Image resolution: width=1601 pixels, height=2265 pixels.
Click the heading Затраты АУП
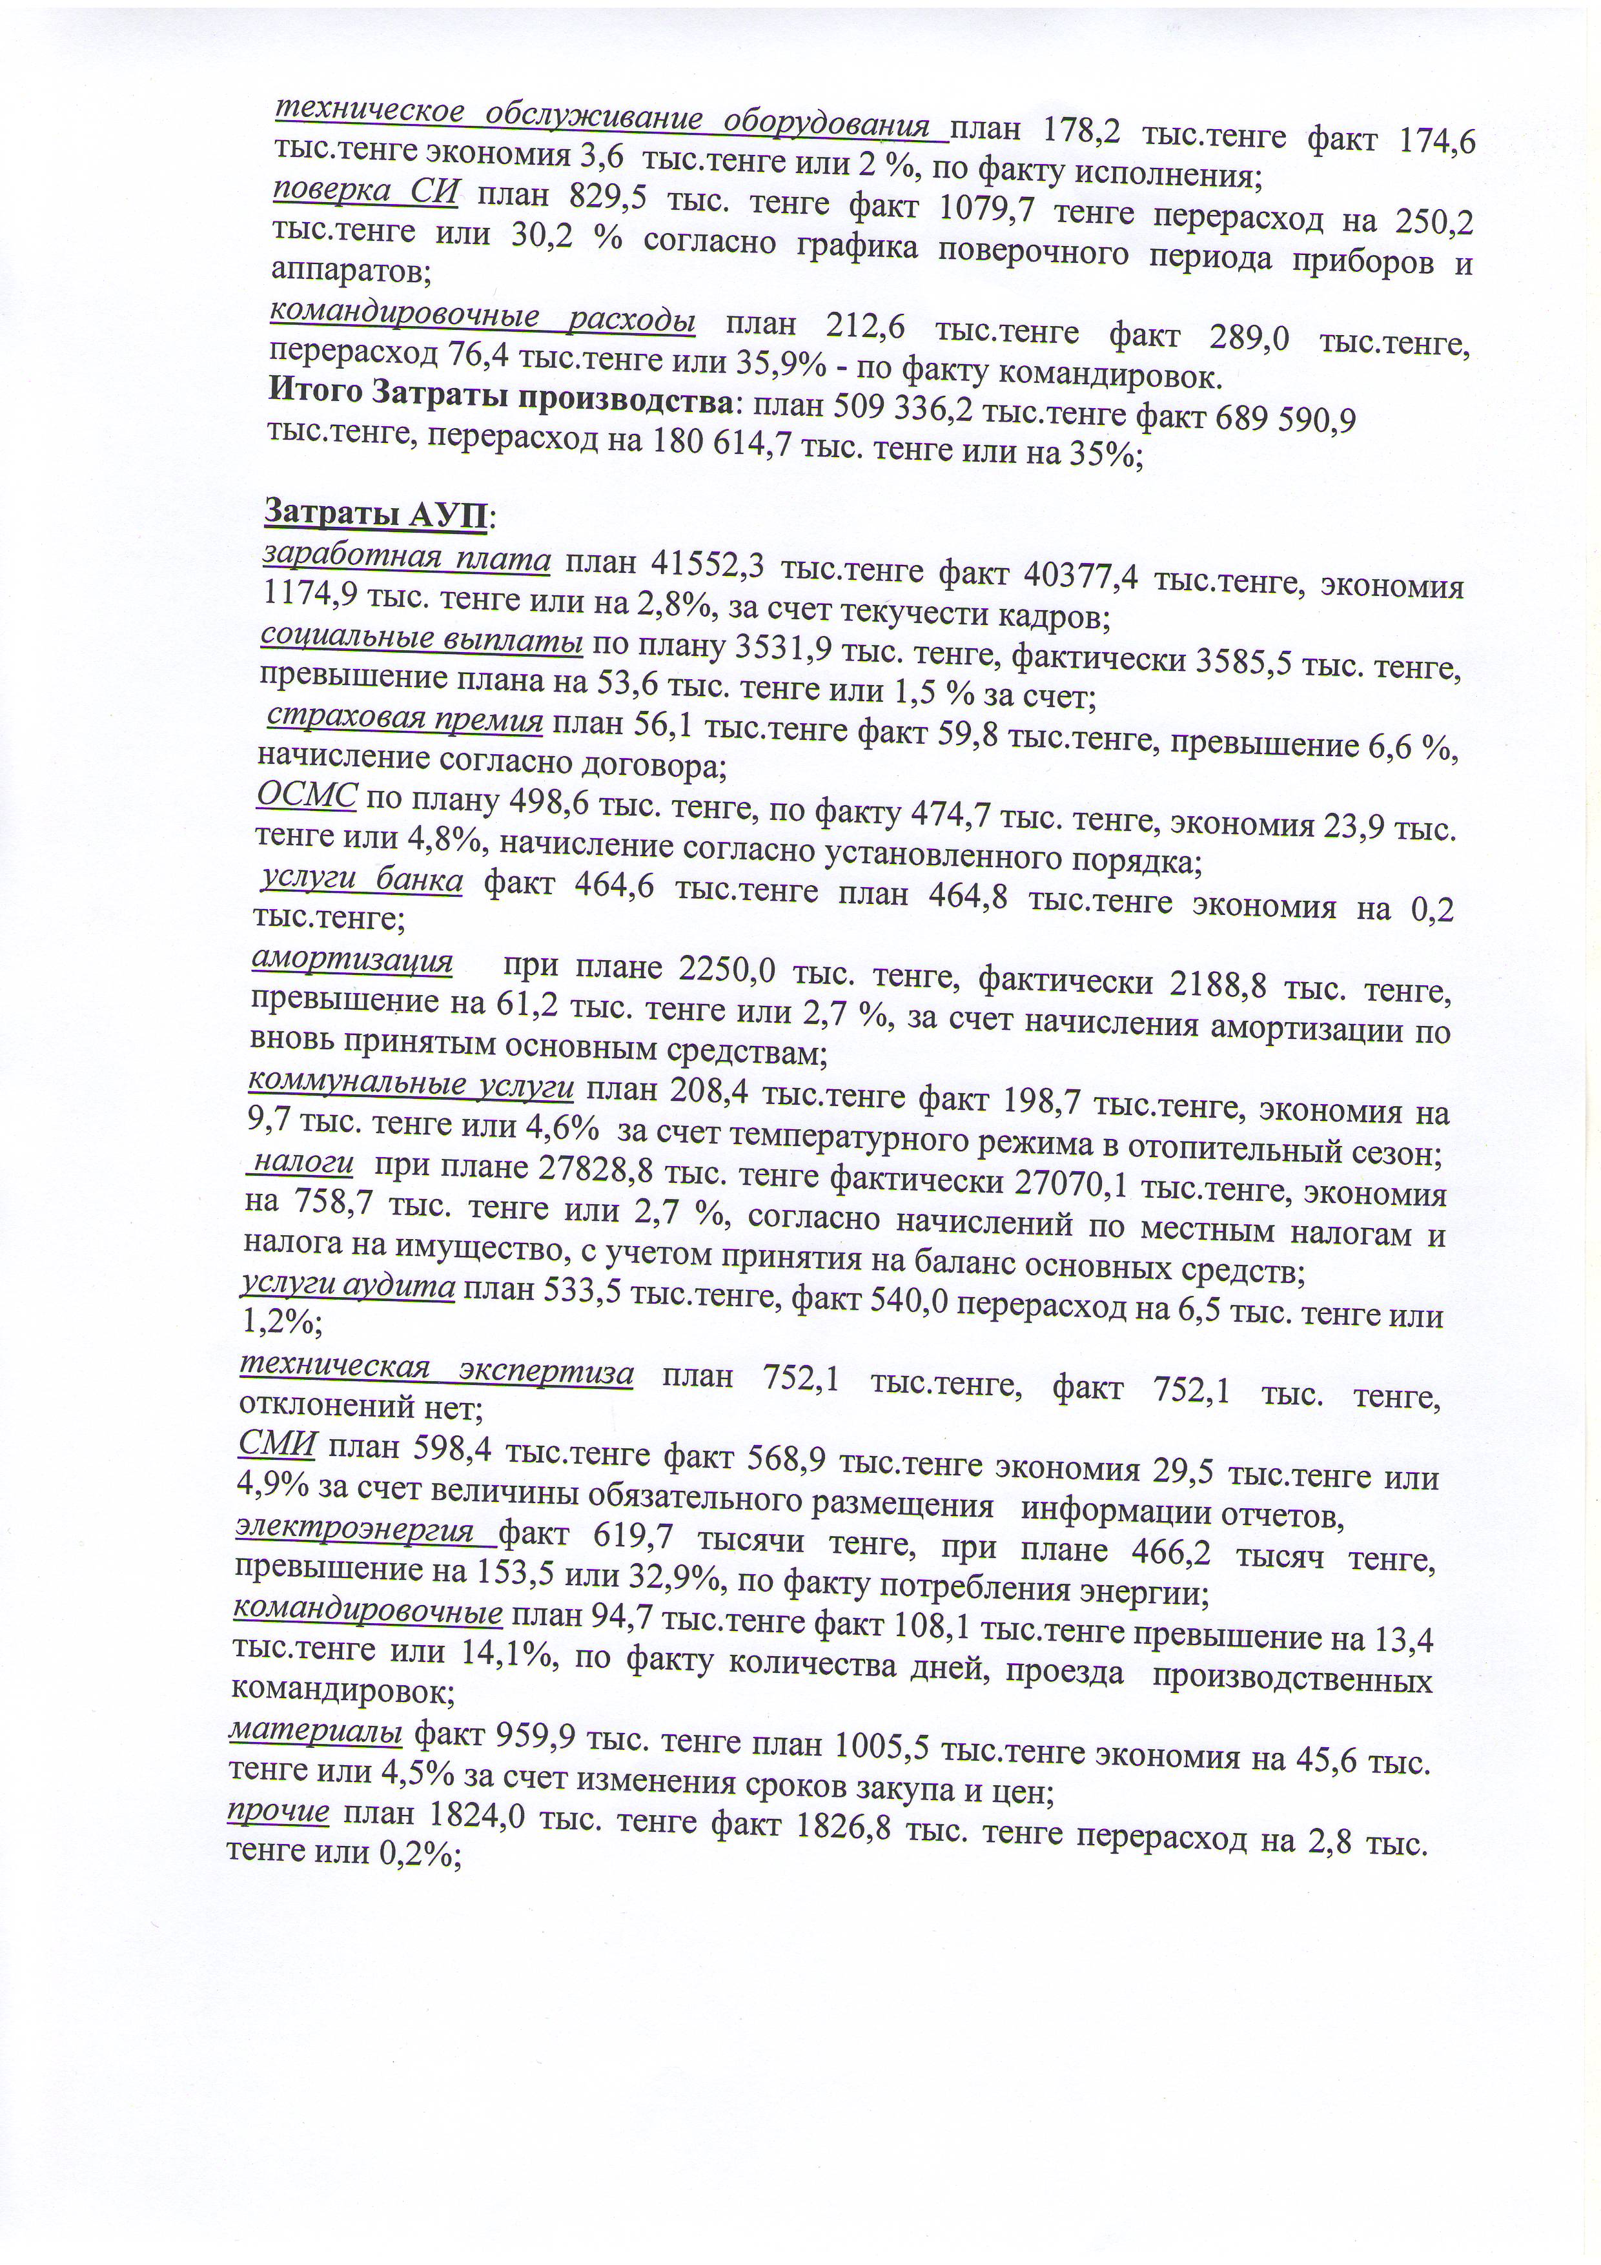380,514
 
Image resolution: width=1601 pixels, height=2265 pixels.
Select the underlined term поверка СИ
365,191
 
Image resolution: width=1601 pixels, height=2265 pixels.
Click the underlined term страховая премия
404,719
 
